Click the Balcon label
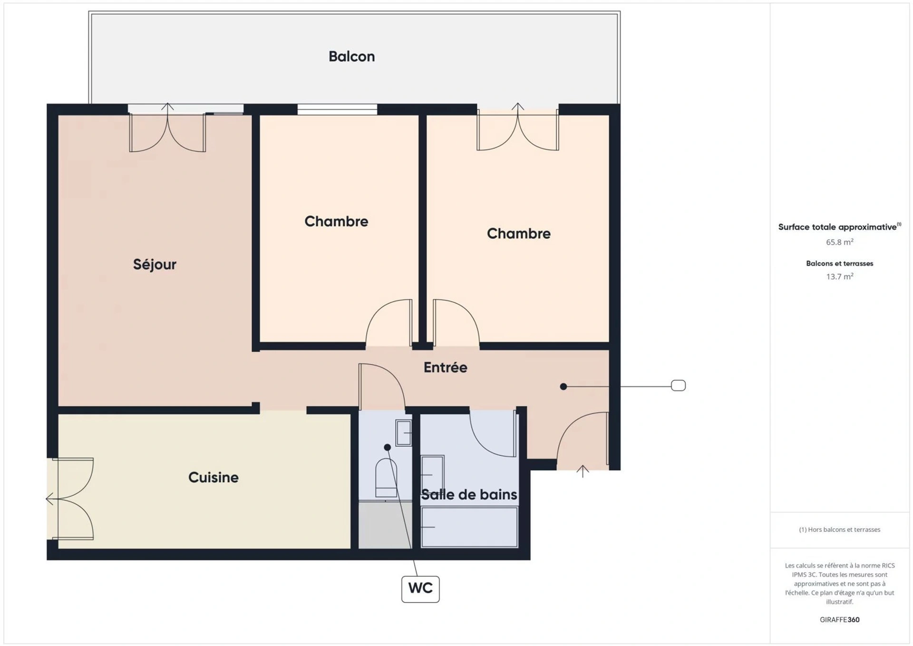click(351, 57)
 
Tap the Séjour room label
click(155, 264)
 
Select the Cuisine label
click(214, 477)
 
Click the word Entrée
click(445, 367)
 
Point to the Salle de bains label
click(469, 495)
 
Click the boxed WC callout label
click(420, 589)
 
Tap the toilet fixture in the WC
click(386, 478)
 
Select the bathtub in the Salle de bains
click(469, 527)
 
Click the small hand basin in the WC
click(403, 433)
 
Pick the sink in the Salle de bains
click(432, 474)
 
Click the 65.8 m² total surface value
click(839, 242)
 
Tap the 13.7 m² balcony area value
click(839, 276)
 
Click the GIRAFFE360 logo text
click(839, 619)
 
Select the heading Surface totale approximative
click(839, 227)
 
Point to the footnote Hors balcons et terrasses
click(839, 529)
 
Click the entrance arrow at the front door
click(583, 471)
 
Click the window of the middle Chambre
click(337, 109)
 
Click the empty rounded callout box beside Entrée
click(678, 385)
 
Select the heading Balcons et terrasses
click(839, 263)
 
